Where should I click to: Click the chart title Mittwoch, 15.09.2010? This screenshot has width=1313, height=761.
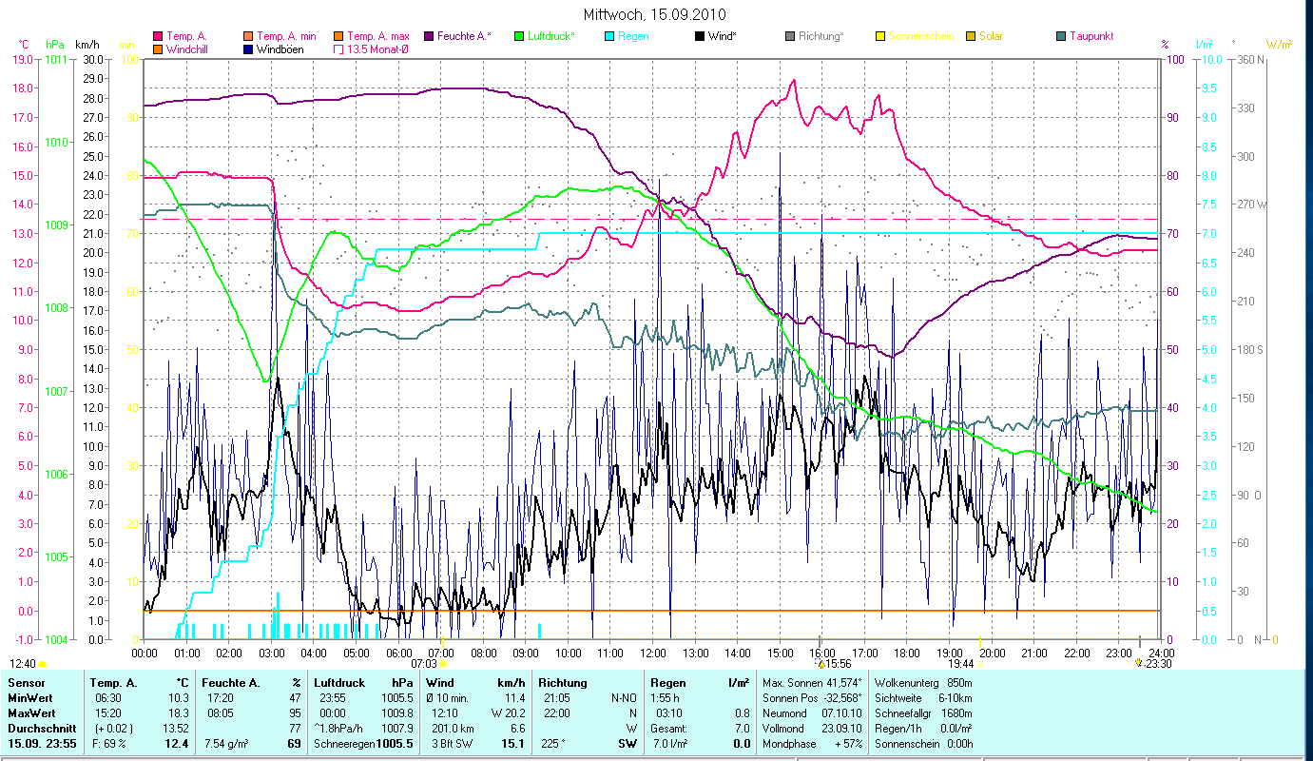point(656,13)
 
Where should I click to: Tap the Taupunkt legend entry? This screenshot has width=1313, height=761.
point(1091,36)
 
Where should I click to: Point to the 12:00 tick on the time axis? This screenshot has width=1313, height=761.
point(651,653)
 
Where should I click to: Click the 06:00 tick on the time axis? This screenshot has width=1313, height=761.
point(398,653)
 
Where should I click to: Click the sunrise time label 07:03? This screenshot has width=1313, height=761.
point(423,664)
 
